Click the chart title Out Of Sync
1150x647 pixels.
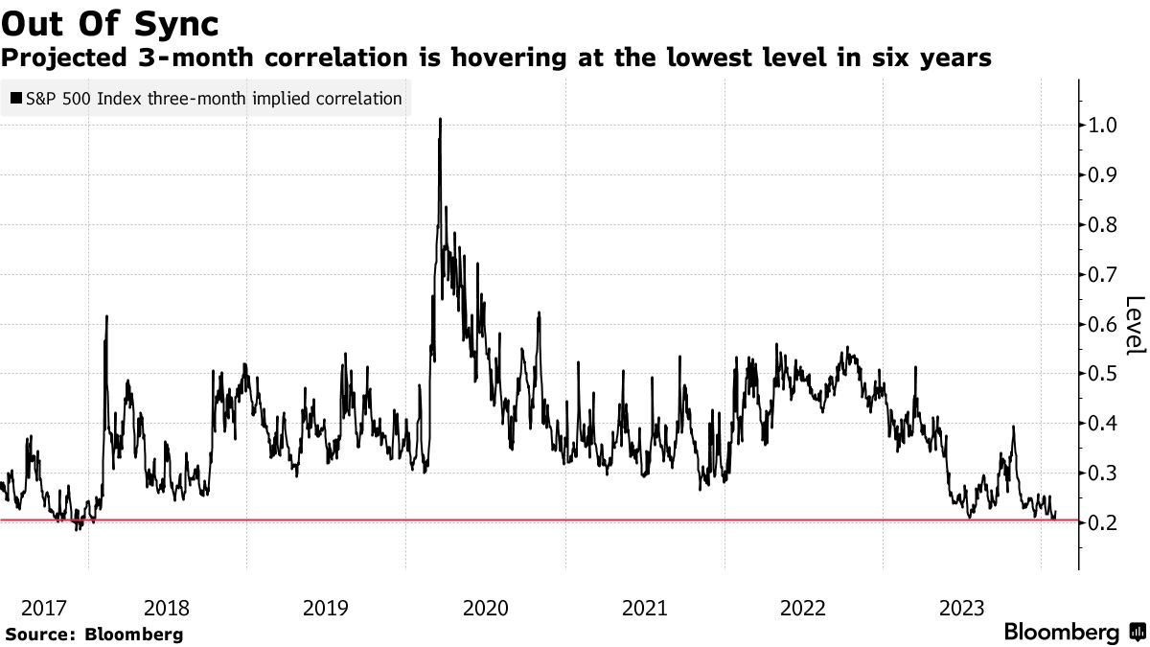(x=110, y=20)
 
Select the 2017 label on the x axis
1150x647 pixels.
(x=44, y=608)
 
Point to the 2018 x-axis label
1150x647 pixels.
(x=167, y=608)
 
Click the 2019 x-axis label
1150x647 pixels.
(x=326, y=608)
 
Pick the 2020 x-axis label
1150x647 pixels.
(x=484, y=608)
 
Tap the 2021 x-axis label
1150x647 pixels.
(x=644, y=608)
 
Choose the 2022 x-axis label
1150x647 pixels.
(x=803, y=608)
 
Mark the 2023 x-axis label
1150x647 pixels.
(x=961, y=608)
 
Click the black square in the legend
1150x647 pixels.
(x=16, y=98)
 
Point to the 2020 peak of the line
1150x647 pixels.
(x=440, y=119)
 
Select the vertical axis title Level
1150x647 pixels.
(x=1135, y=326)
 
